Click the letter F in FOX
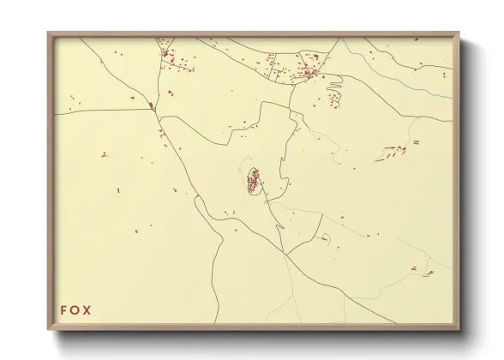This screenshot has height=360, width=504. (x=63, y=309)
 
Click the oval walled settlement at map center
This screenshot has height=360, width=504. (x=255, y=181)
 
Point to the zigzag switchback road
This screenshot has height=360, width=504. (x=333, y=83)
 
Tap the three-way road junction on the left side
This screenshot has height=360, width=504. (x=153, y=106)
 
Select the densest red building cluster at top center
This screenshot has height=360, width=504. (x=304, y=73)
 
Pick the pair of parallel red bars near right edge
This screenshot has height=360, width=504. (x=417, y=141)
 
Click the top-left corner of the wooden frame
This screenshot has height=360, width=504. (x=48, y=33)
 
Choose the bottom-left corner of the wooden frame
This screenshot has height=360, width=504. (x=48, y=330)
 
